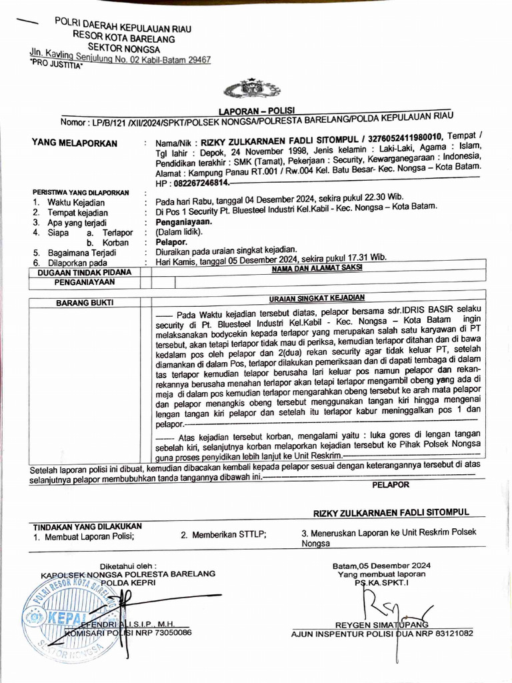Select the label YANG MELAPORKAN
(74, 143)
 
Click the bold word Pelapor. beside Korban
(171, 242)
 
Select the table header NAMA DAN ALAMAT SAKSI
(317, 268)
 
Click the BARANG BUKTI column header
(84, 302)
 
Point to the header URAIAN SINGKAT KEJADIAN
(317, 298)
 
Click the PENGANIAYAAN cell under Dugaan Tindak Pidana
(84, 282)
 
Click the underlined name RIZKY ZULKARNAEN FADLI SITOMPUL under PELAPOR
(391, 512)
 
